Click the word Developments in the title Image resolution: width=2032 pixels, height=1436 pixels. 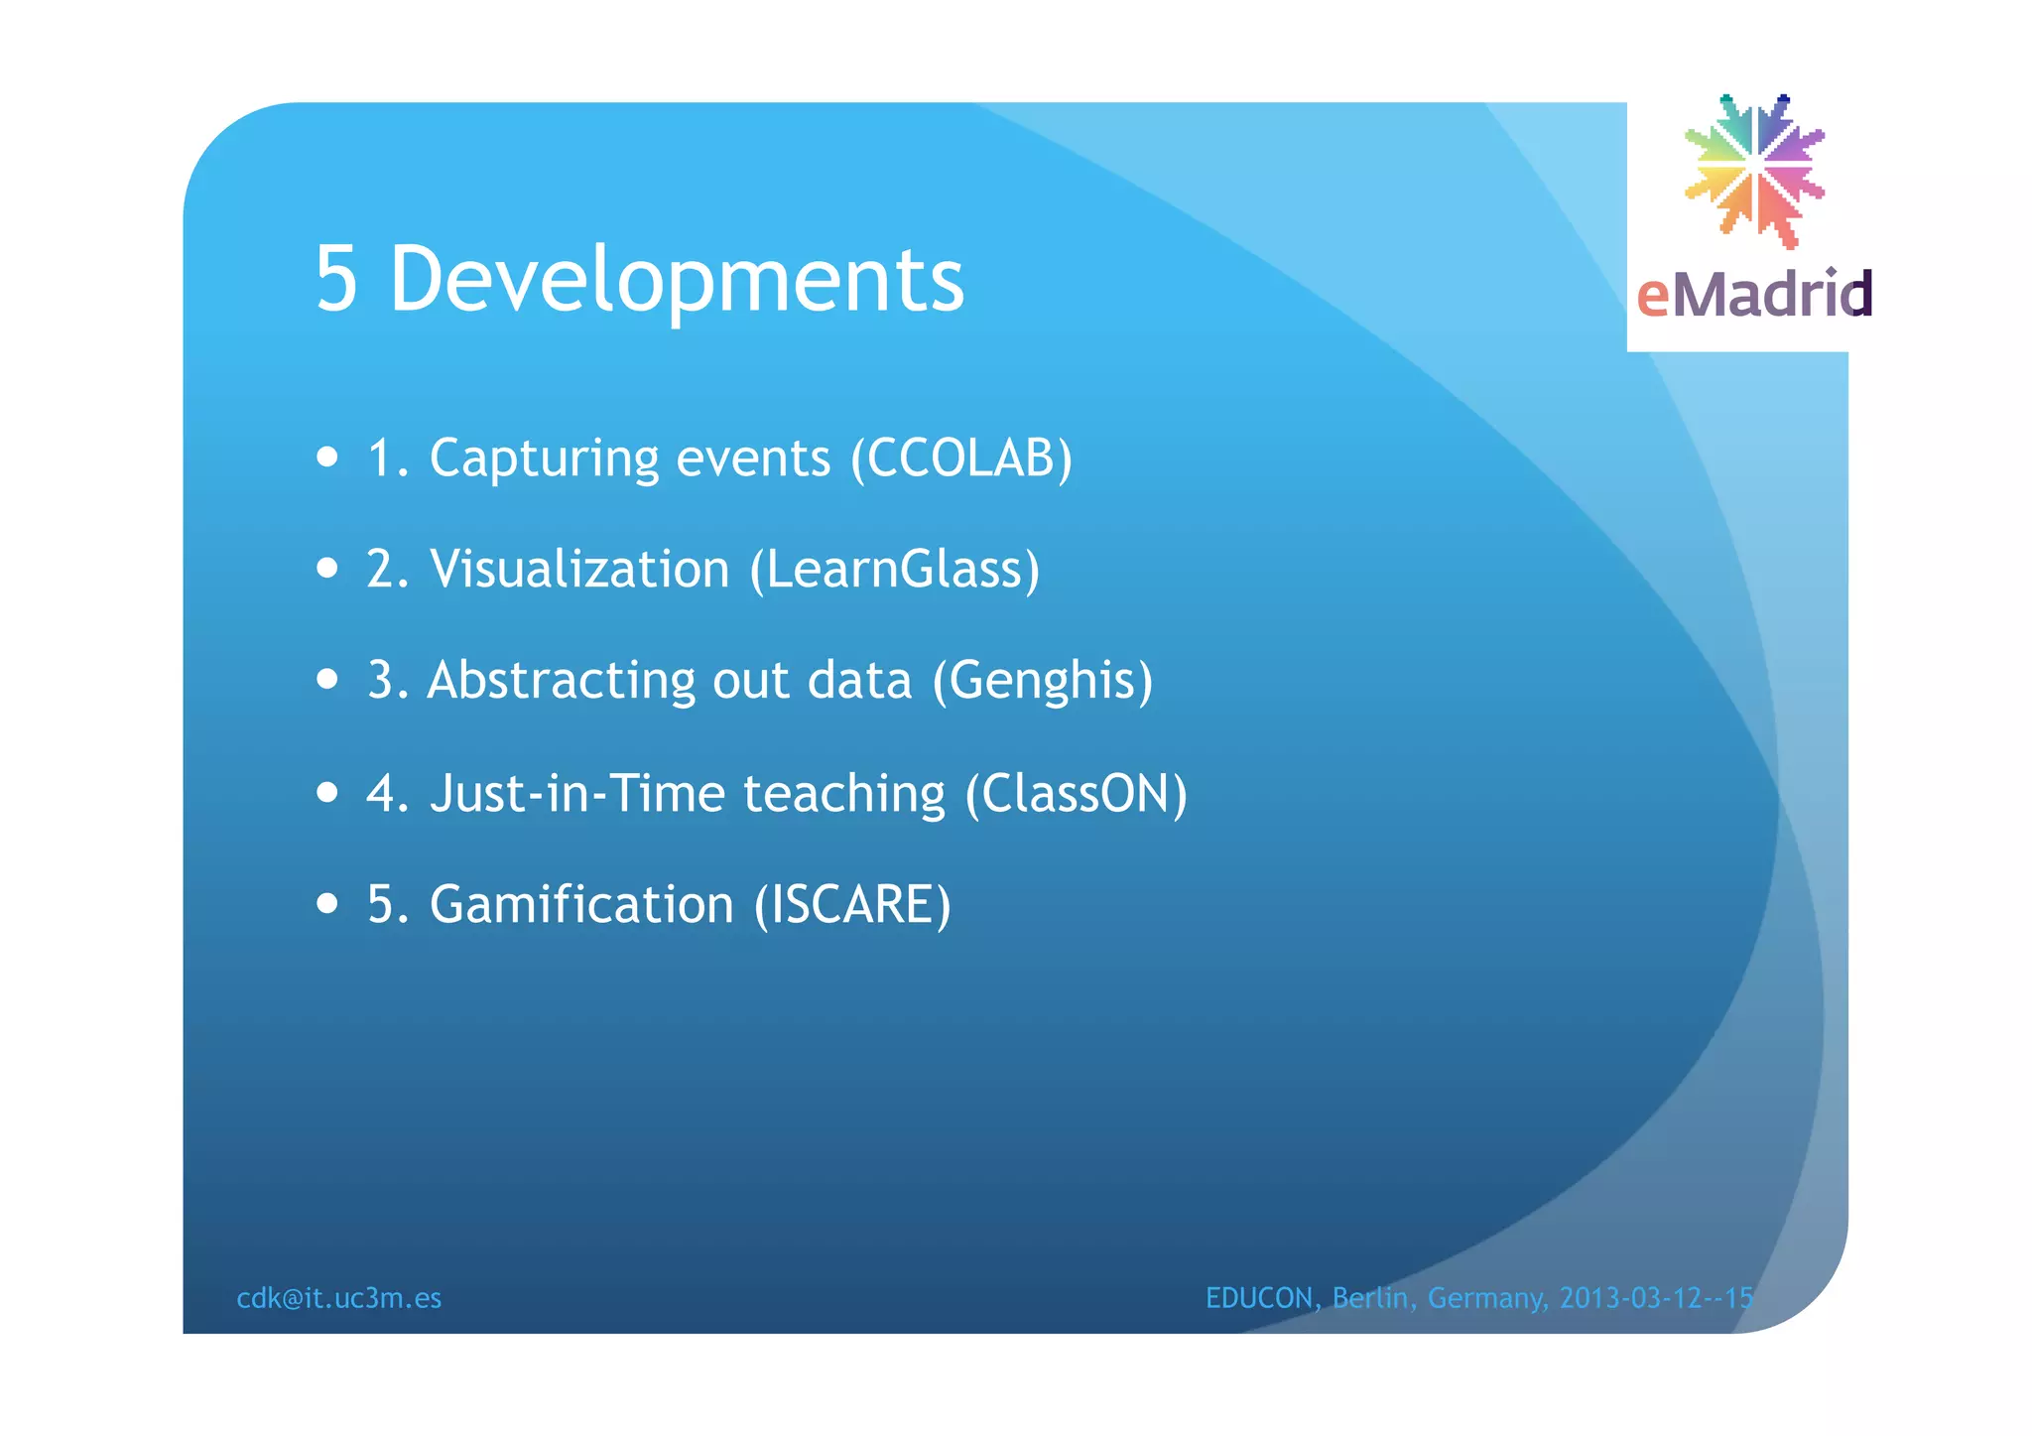pyautogui.click(x=677, y=280)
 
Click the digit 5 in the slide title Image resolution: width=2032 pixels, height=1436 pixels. pyautogui.click(x=336, y=280)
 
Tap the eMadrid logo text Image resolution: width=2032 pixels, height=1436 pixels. pyautogui.click(x=1753, y=295)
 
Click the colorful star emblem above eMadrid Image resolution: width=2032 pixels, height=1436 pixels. pyautogui.click(x=1754, y=170)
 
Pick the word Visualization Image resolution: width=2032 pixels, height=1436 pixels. pyautogui.click(x=579, y=570)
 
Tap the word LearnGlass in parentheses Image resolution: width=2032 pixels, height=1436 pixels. pyautogui.click(x=895, y=570)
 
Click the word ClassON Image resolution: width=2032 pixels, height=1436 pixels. pyautogui.click(x=1077, y=794)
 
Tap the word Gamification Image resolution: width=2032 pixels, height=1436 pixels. pyautogui.click(x=581, y=905)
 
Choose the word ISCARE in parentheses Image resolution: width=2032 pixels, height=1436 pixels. pyautogui.click(x=852, y=905)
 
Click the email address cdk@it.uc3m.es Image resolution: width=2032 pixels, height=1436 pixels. pyautogui.click(x=339, y=1298)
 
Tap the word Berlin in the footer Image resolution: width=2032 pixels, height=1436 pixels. pyautogui.click(x=1370, y=1298)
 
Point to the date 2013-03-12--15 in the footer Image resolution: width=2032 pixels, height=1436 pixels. pyautogui.click(x=1656, y=1298)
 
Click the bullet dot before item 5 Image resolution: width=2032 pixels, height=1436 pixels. pyautogui.click(x=327, y=904)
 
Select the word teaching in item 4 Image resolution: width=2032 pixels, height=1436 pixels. pyautogui.click(x=844, y=794)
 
